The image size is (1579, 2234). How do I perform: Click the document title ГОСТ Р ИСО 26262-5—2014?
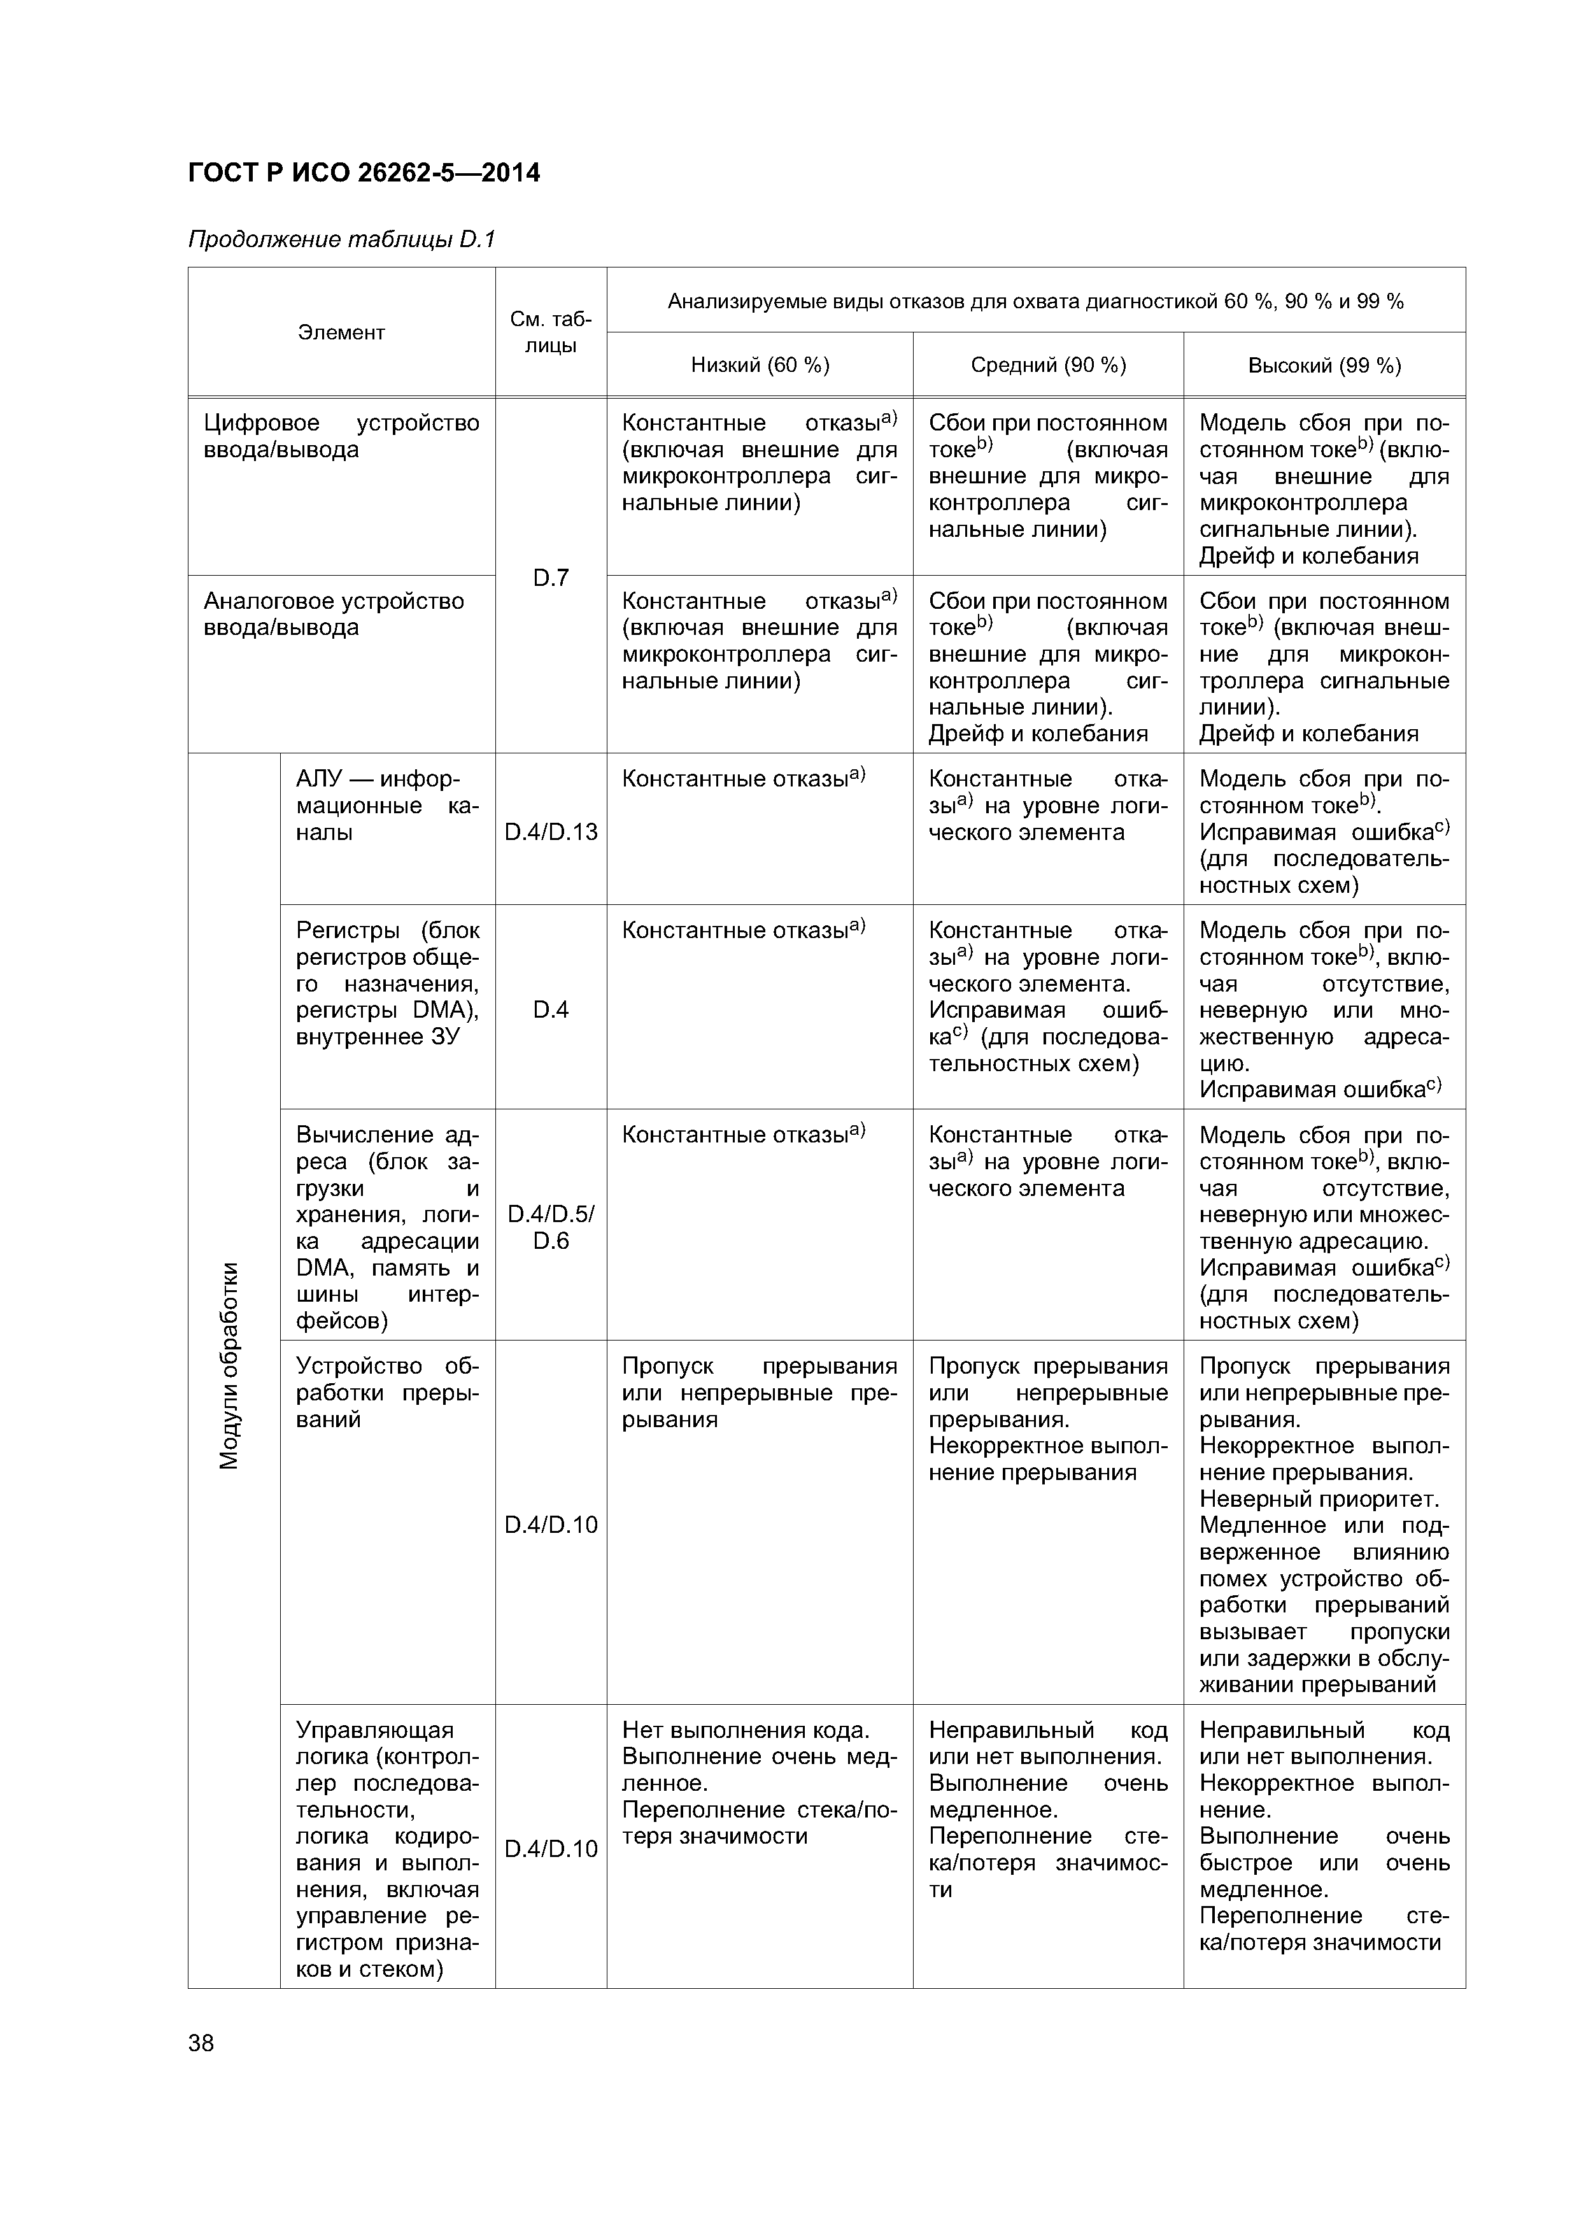pyautogui.click(x=364, y=173)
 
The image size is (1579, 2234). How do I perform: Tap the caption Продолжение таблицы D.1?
pyautogui.click(x=341, y=239)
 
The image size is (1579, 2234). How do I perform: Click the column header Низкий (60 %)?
pyautogui.click(x=759, y=365)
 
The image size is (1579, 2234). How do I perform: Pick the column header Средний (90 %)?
pyautogui.click(x=1048, y=365)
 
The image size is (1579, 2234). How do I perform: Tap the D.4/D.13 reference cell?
pyautogui.click(x=551, y=832)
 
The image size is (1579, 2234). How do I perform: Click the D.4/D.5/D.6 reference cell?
pyautogui.click(x=551, y=1227)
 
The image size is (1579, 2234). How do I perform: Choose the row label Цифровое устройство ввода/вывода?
pyautogui.click(x=341, y=436)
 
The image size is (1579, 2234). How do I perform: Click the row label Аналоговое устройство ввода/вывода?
pyautogui.click(x=334, y=614)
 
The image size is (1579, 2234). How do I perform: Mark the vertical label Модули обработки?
pyautogui.click(x=230, y=1365)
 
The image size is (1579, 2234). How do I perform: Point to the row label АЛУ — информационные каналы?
pyautogui.click(x=386, y=806)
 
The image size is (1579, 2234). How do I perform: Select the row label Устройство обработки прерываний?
pyautogui.click(x=386, y=1392)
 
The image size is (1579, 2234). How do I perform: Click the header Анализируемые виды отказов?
pyautogui.click(x=1035, y=302)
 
